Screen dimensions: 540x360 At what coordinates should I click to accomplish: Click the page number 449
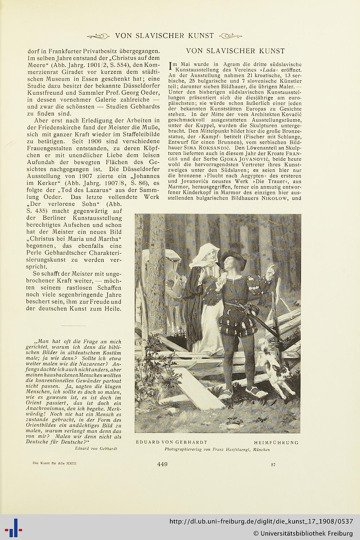tap(162, 464)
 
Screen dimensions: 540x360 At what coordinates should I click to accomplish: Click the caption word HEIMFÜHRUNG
tap(276, 442)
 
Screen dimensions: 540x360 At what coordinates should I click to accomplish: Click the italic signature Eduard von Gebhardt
tap(96, 448)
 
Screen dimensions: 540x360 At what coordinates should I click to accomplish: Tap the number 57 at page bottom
tap(273, 465)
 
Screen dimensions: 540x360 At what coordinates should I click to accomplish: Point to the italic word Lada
tap(271, 70)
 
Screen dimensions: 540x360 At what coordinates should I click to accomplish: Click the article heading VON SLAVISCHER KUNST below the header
tap(235, 51)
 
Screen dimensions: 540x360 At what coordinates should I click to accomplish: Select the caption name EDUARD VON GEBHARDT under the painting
tap(171, 442)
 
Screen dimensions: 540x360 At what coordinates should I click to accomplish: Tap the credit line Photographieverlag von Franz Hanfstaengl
tap(217, 450)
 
